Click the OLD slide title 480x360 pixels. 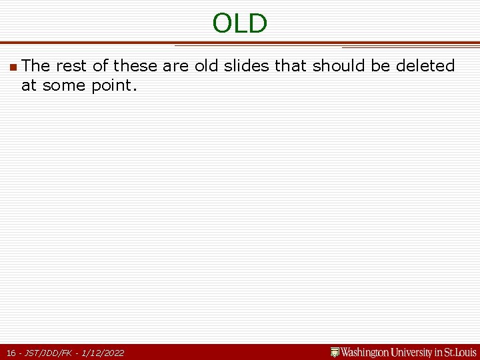[x=239, y=23]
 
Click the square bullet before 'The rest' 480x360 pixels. [x=13, y=67]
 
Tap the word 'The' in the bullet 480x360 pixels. [x=35, y=66]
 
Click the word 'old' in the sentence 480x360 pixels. [x=207, y=66]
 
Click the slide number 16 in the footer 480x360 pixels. [x=11, y=353]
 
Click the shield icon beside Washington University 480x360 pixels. [x=335, y=352]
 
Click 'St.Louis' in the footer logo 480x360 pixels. [x=461, y=352]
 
